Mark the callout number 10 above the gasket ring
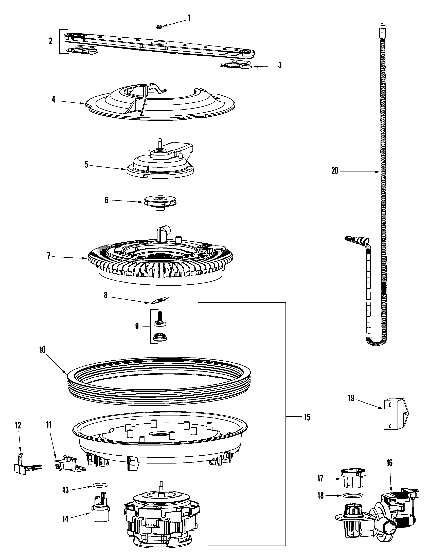tap(42, 350)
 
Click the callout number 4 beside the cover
tap(53, 100)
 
